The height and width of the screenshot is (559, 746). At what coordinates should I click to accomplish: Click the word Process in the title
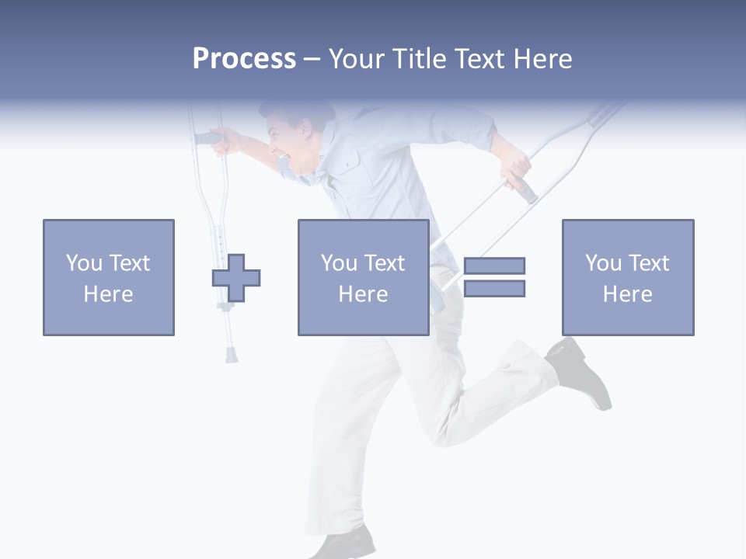coord(244,59)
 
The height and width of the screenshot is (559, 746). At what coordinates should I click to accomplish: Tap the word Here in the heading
coord(542,59)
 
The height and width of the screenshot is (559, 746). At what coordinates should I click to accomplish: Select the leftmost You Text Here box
coord(109,277)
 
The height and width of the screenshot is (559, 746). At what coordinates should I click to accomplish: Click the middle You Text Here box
coord(363,277)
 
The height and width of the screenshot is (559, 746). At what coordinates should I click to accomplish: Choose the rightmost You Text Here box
coord(628,277)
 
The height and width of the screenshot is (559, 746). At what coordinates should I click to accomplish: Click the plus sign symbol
coord(236,278)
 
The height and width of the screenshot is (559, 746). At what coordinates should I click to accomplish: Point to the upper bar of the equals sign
coord(494,266)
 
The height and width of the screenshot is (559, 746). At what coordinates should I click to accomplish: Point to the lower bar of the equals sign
coord(494,288)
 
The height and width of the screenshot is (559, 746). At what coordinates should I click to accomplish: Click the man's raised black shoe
coord(583,373)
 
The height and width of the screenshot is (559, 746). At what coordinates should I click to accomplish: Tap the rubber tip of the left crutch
coord(232,356)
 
